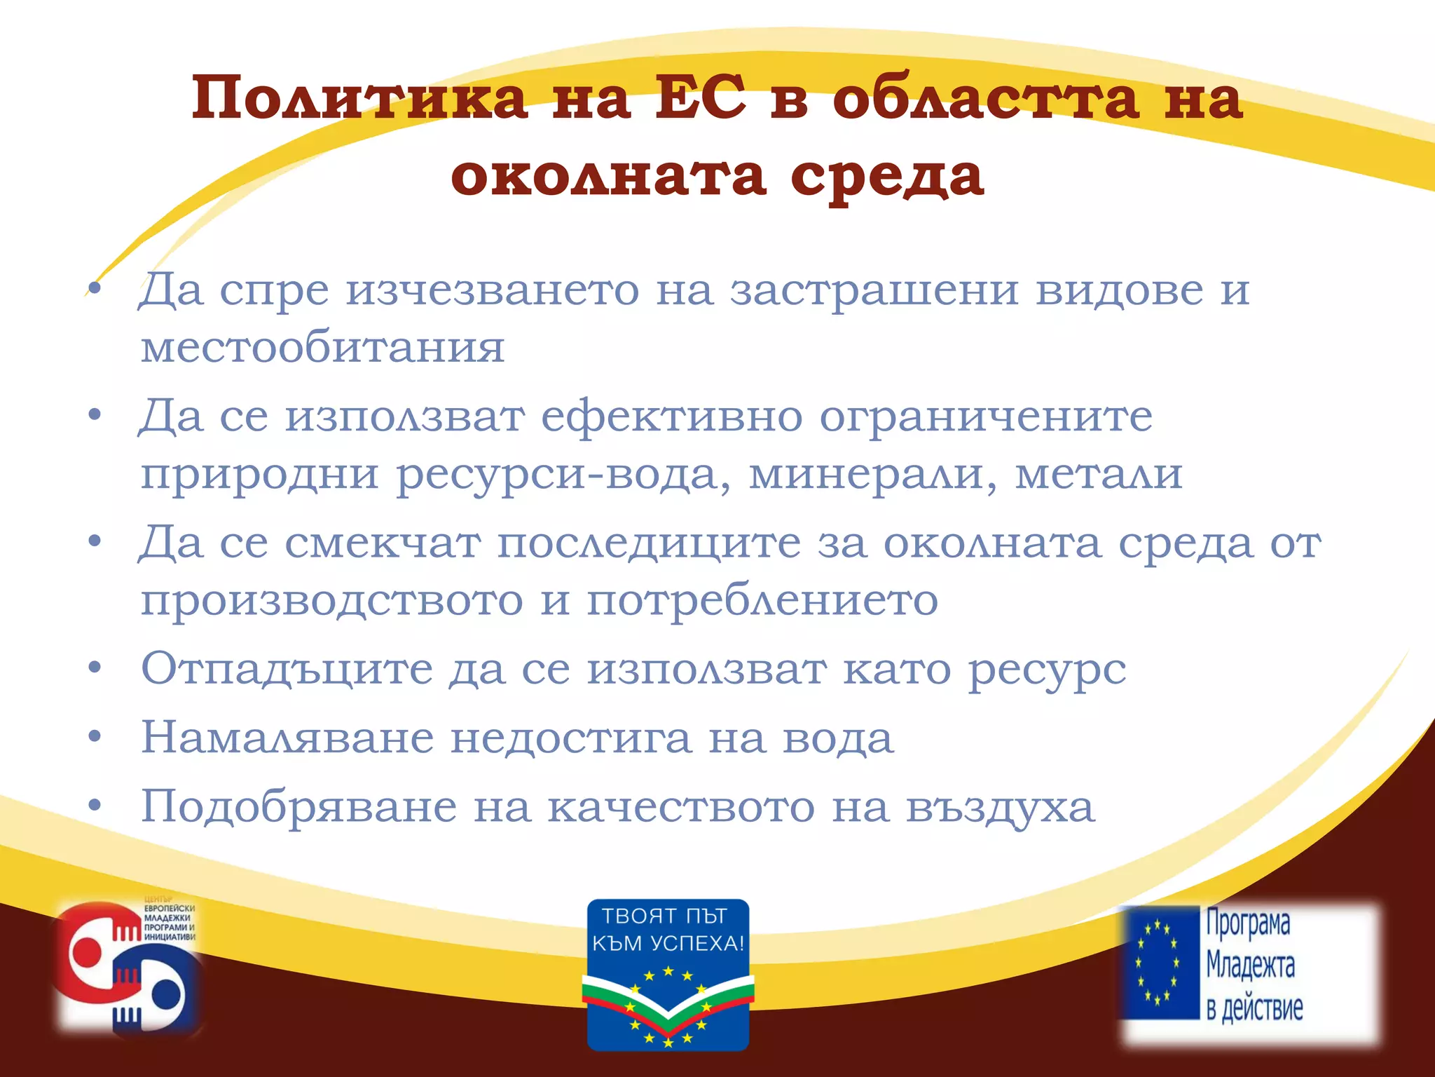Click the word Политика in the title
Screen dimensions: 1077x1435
click(x=359, y=98)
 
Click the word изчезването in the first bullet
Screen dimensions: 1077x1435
click(x=492, y=290)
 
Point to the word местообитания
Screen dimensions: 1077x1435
click(x=322, y=347)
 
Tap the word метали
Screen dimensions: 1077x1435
click(x=1099, y=475)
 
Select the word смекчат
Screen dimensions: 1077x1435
click(x=383, y=543)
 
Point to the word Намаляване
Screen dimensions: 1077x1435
click(x=287, y=738)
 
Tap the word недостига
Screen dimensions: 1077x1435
click(x=570, y=738)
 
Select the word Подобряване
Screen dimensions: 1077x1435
click(x=299, y=807)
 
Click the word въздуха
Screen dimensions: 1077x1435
click(x=1000, y=807)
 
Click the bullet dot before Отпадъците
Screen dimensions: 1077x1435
click(x=95, y=668)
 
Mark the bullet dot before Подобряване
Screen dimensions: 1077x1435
click(x=95, y=806)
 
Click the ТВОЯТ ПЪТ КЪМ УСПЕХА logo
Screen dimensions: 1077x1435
click(x=668, y=975)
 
